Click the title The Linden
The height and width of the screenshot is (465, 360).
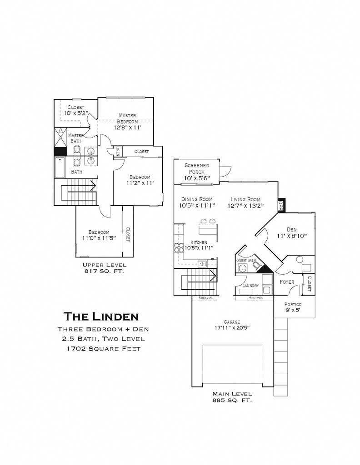coord(101,316)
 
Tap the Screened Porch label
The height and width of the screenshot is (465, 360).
coord(197,168)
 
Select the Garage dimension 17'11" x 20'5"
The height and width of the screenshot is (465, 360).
coord(231,328)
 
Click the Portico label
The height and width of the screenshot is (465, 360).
coord(293,304)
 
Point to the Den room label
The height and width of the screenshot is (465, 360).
coord(292,229)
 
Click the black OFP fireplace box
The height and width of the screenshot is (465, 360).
coord(280,205)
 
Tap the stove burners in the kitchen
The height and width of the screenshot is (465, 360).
coord(179,247)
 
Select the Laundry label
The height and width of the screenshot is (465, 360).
coord(250,286)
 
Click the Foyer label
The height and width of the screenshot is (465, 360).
coord(287,282)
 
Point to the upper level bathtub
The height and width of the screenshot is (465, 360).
coord(60,168)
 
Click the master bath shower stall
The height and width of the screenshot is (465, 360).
coord(60,138)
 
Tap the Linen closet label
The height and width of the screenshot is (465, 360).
coord(118,151)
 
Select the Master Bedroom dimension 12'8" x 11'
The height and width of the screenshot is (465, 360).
coord(127,128)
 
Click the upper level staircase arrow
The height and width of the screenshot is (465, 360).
coord(78,186)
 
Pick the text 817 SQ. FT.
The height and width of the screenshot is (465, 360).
coord(104,271)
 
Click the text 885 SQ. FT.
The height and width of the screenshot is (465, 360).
coord(232,400)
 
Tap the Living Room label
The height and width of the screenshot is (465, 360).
coord(245,199)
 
